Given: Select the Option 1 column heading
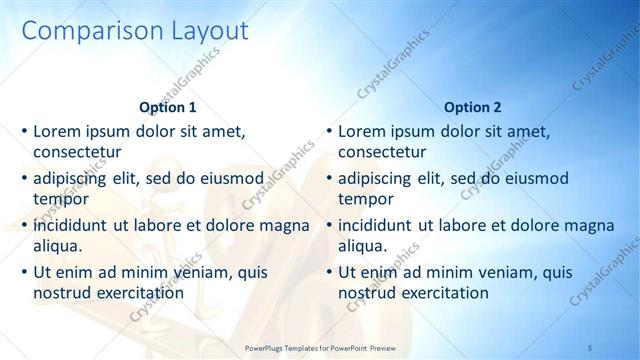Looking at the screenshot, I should (x=168, y=107).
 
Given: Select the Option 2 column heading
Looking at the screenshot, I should (x=473, y=107).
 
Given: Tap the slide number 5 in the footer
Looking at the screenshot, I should (x=590, y=346).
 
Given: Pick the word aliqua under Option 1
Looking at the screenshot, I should (x=58, y=246).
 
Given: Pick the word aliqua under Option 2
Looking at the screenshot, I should (x=363, y=246).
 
